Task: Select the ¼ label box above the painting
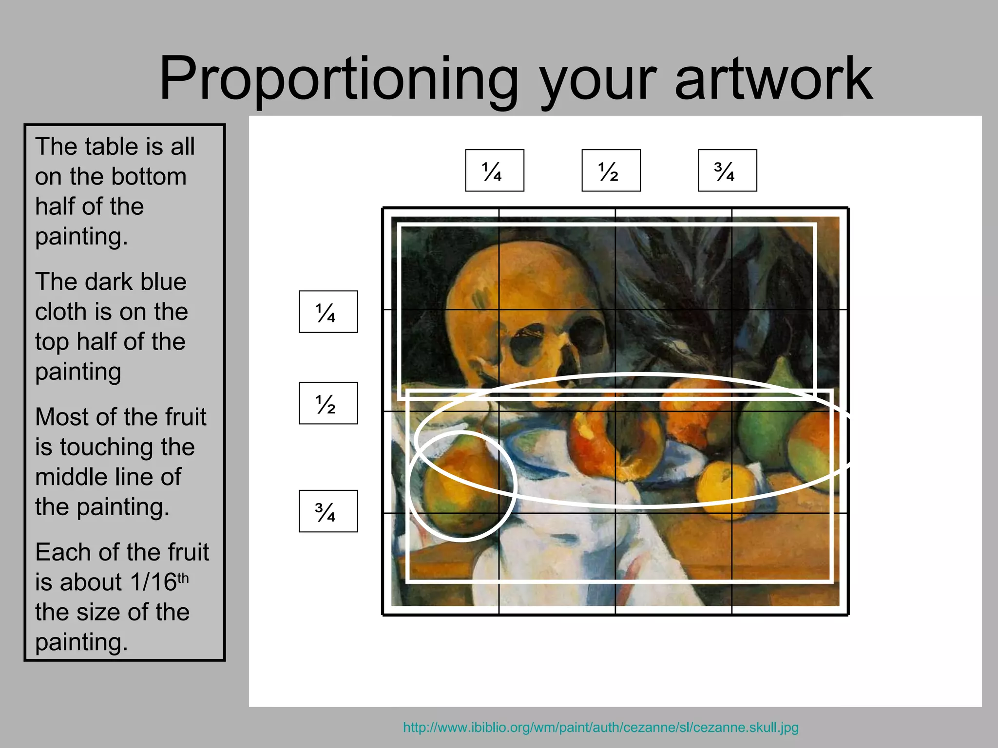(494, 170)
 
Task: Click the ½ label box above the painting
(611, 170)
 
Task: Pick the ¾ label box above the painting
(727, 170)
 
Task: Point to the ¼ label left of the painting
(328, 312)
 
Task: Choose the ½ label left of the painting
(328, 403)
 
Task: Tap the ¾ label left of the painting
(328, 511)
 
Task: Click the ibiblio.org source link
(600, 728)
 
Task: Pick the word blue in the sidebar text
(163, 282)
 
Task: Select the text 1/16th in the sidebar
(159, 582)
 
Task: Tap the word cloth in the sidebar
(59, 312)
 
